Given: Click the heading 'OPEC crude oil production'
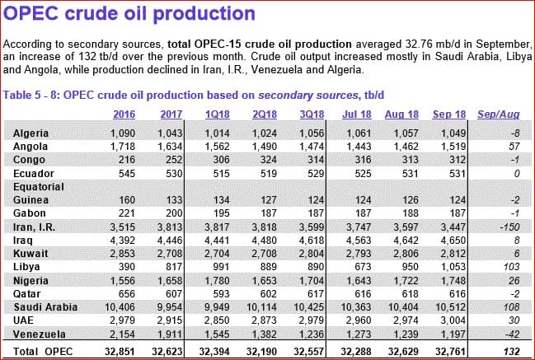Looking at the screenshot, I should tap(129, 14).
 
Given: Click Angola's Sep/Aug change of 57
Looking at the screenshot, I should tap(512, 145).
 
